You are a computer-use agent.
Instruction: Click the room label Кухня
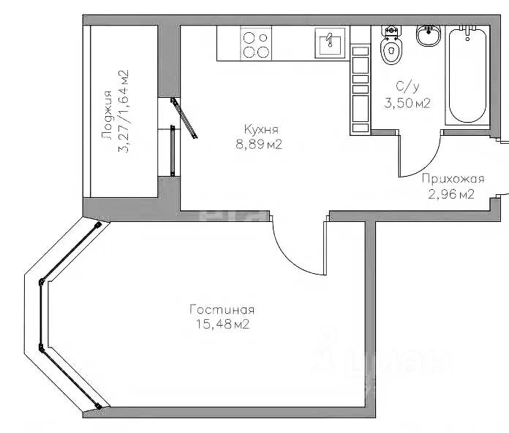(261, 129)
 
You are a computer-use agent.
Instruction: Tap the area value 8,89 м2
(259, 145)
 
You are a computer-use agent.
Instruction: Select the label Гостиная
(222, 310)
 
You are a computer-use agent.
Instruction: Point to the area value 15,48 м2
(222, 324)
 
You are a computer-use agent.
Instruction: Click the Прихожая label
(453, 179)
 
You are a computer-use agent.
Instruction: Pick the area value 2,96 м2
(451, 194)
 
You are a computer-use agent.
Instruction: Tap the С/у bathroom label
(408, 87)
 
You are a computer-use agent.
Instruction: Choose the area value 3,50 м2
(407, 104)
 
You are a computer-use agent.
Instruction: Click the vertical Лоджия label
(107, 115)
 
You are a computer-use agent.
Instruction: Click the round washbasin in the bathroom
(429, 36)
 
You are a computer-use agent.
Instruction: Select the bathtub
(467, 75)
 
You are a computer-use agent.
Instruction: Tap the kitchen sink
(330, 43)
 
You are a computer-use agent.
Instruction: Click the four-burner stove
(256, 43)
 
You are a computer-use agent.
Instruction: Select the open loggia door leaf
(184, 118)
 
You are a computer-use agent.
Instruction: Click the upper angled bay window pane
(70, 252)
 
